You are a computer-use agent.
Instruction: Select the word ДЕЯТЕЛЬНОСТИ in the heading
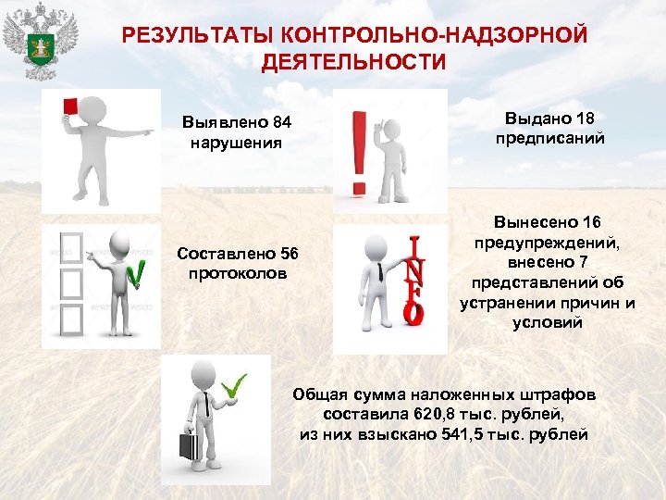coord(353,62)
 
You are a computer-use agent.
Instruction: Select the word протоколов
coord(237,274)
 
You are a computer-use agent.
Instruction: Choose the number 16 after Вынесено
coord(592,222)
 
